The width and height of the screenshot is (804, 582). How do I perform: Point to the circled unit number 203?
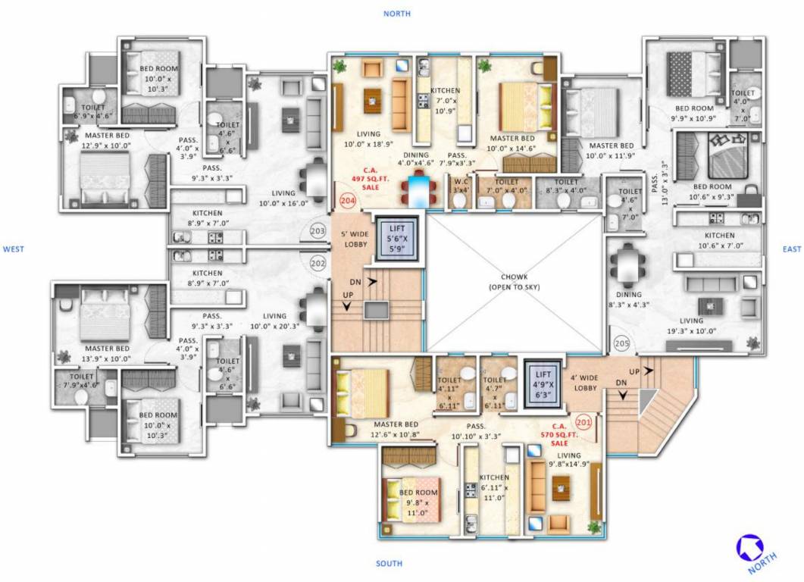coord(318,232)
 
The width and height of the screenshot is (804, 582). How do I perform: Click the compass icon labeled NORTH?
coord(749,549)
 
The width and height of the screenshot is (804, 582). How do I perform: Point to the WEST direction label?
coord(14,249)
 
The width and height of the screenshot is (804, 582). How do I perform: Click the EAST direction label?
coord(792,249)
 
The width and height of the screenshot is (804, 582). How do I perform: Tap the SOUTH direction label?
coord(389,564)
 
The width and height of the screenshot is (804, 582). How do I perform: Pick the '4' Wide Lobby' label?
coord(586,383)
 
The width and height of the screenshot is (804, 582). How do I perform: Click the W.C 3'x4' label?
coord(460,186)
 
